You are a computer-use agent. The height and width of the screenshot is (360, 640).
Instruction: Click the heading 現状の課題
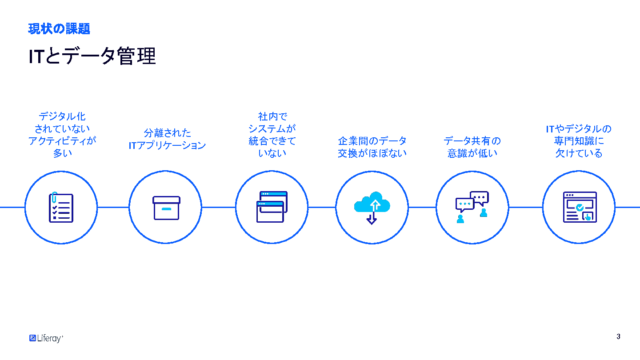coord(59,29)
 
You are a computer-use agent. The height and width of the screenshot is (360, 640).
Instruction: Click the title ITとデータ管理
coord(92,56)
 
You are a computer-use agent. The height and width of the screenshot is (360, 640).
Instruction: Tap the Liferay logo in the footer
coord(46,338)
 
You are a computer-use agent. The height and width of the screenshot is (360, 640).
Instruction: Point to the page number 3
coord(618,336)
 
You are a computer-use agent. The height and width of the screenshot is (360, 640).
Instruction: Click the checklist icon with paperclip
coord(61,207)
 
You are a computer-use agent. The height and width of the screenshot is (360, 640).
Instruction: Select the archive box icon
coord(166,208)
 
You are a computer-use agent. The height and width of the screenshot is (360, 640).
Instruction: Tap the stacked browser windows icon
coord(272,207)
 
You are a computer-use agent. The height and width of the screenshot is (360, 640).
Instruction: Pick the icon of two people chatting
coord(472,207)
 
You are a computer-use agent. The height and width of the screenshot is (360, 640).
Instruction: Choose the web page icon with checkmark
coord(579,207)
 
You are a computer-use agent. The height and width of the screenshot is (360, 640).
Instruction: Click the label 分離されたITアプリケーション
coord(168,139)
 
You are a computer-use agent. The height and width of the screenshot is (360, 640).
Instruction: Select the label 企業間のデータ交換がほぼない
coord(372,147)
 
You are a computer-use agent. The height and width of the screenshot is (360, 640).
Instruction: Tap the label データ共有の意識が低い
coord(472,147)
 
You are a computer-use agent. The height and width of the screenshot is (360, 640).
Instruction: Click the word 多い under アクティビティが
coord(62,153)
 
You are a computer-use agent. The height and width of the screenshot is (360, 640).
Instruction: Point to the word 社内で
coord(272,116)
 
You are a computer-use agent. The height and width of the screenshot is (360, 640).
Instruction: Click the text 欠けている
coord(579,153)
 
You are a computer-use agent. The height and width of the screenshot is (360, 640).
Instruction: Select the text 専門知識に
coord(579,141)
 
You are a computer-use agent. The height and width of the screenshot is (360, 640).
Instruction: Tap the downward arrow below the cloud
coord(372,219)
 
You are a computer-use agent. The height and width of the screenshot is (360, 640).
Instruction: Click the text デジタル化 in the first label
coord(62,116)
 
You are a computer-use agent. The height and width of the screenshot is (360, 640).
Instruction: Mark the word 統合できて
coord(272,141)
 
